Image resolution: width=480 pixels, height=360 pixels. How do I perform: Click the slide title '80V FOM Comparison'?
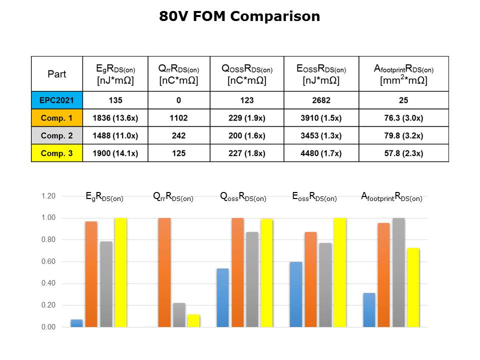tap(239, 16)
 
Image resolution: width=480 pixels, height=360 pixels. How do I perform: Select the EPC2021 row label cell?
tap(57, 100)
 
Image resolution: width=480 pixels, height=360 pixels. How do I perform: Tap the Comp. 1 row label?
tap(57, 118)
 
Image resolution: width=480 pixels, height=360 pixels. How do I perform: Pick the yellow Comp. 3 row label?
tap(57, 153)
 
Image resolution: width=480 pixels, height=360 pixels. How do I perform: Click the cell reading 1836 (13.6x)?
tap(115, 118)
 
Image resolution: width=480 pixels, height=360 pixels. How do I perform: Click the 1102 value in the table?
tap(178, 118)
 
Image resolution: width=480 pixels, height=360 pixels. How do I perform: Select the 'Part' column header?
tap(57, 74)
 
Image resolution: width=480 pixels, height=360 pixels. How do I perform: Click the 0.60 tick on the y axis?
tap(48, 261)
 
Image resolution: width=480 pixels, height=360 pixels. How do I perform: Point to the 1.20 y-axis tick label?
tap(48, 196)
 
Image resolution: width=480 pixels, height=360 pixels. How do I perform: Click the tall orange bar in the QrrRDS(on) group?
tap(164, 272)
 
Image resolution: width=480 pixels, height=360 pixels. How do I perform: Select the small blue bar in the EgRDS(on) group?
tap(77, 323)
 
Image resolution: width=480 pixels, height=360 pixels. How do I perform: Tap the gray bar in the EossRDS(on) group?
tap(325, 285)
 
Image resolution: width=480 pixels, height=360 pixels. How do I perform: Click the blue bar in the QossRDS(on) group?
tap(222, 297)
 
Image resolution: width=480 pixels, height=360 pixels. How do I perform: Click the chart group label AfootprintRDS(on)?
tap(391, 197)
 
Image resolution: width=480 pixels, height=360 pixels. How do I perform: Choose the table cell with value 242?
tap(178, 136)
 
